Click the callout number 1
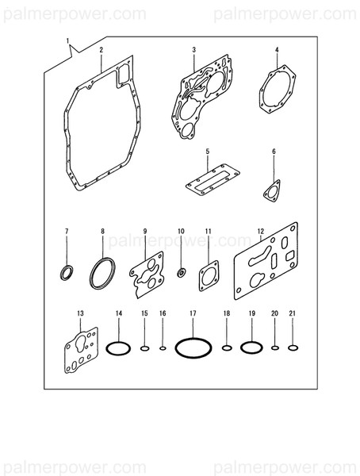68,40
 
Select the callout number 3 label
193,50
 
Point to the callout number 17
193,315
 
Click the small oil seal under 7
67,274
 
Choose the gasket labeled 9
147,274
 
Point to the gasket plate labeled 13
81,351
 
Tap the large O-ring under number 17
193,347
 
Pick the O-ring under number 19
250,347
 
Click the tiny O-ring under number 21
293,347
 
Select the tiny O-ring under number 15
145,347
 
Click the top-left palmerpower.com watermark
73,13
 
